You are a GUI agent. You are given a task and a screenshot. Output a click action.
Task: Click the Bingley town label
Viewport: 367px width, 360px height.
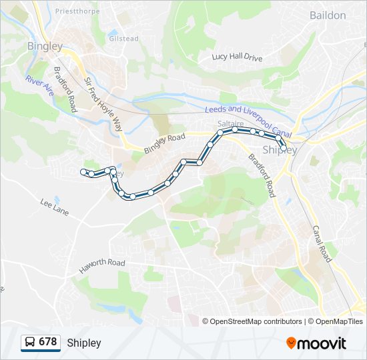click(45, 47)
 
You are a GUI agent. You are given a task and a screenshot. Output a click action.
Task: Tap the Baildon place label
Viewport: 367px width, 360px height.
click(328, 15)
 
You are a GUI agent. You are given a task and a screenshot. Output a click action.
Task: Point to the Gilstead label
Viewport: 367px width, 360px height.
click(123, 39)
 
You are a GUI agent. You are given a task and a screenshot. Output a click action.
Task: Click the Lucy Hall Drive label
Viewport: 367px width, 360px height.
click(238, 57)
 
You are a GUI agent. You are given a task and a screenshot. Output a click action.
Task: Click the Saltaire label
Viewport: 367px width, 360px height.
click(228, 124)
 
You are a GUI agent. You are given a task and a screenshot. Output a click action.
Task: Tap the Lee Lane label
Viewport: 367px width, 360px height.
click(54, 207)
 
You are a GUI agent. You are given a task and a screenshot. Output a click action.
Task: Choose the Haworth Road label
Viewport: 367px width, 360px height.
click(102, 264)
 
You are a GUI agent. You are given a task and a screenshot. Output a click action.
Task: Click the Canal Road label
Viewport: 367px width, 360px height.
click(322, 243)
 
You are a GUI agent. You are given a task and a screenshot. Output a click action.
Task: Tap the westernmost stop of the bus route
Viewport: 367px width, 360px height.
click(84, 173)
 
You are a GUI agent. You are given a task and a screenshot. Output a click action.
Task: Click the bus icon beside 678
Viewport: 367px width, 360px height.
click(29, 343)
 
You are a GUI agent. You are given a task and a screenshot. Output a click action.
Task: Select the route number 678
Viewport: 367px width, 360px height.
click(48, 342)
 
